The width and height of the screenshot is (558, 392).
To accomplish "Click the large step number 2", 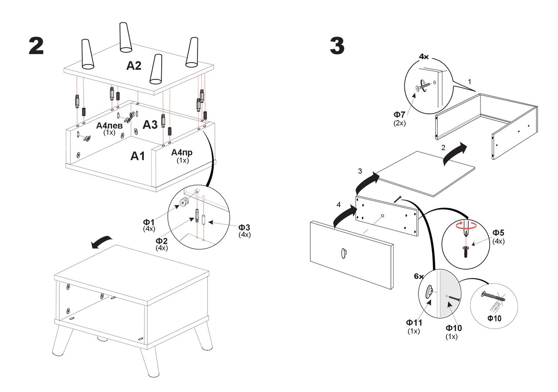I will (36, 46).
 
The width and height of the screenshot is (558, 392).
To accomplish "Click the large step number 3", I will (337, 46).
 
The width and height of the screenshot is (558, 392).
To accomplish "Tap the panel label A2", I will (134, 66).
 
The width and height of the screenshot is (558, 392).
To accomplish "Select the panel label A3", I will (150, 125).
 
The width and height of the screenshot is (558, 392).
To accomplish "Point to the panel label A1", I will (138, 156).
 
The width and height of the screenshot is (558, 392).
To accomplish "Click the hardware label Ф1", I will (149, 222).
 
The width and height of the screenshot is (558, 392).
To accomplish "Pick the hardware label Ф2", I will (162, 241).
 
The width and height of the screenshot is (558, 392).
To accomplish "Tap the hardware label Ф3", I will (244, 227).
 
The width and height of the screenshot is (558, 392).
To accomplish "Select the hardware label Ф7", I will (399, 115).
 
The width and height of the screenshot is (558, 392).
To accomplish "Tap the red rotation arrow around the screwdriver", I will (465, 226).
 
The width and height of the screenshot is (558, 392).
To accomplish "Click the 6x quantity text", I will (418, 277).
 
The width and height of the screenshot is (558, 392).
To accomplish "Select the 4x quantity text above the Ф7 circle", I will (424, 57).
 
